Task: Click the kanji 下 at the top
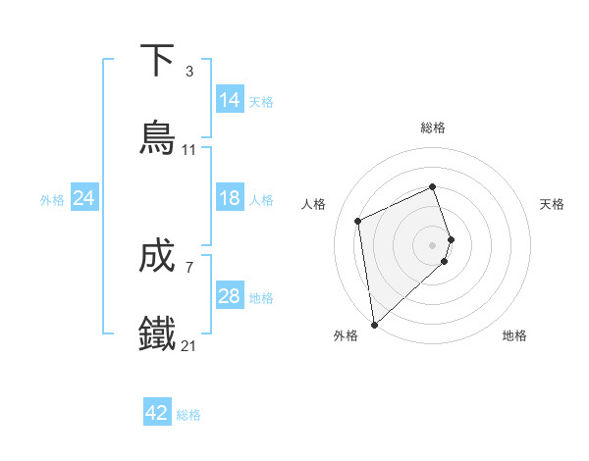tap(158, 60)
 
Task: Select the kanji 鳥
tap(158, 137)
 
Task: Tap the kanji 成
tap(158, 256)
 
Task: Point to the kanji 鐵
tap(158, 333)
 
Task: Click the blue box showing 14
tap(230, 100)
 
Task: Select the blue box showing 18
tap(230, 198)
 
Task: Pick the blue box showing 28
tap(230, 296)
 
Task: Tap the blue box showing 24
tap(84, 198)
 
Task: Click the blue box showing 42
tap(157, 413)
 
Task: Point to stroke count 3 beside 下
tap(189, 72)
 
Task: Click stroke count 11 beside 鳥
tap(189, 150)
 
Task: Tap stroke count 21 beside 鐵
tap(189, 346)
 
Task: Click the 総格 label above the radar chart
tap(433, 128)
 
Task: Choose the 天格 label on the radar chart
tap(552, 204)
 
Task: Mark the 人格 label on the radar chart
tap(314, 204)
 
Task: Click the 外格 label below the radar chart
tap(346, 335)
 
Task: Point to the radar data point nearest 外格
tap(374, 324)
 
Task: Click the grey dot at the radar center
tap(433, 244)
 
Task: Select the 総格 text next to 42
tap(188, 415)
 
